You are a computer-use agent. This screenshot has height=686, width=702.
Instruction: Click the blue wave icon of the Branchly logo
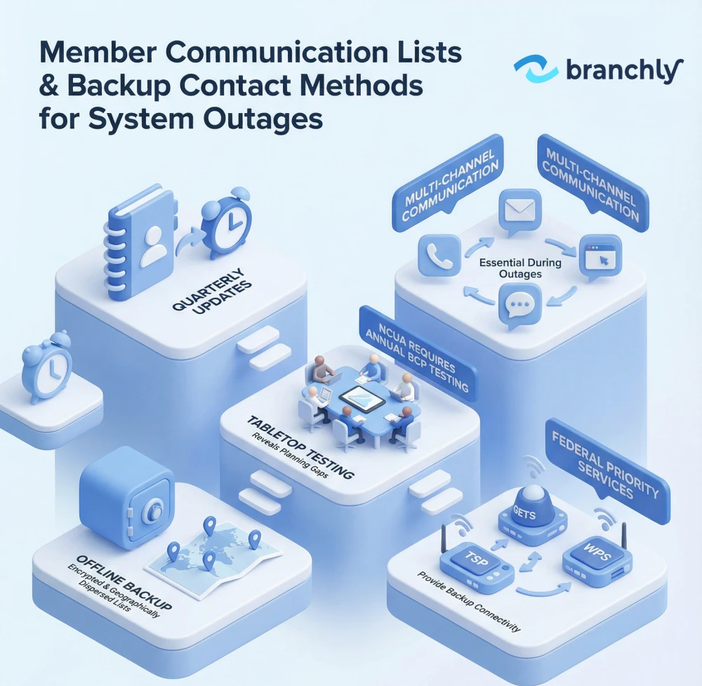[x=536, y=71]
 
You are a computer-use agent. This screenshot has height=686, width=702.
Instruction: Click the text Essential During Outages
[x=520, y=268]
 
